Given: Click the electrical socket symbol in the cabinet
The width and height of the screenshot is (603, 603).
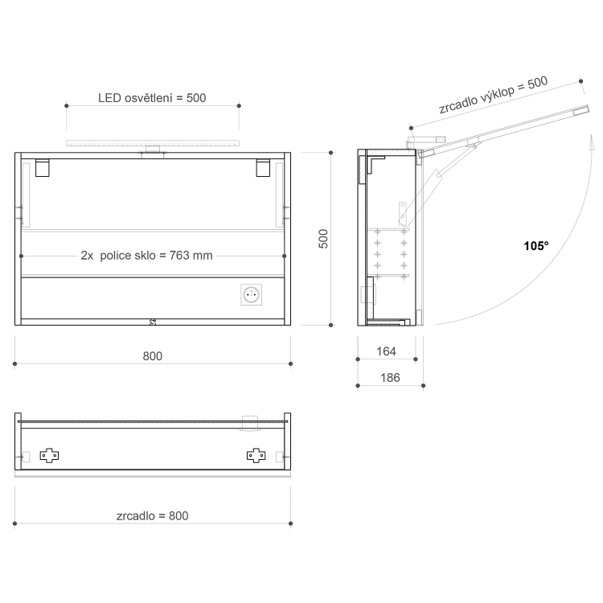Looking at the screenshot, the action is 251,294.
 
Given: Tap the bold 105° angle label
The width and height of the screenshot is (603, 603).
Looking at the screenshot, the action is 536,246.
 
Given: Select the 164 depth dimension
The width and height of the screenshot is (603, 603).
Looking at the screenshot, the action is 386,351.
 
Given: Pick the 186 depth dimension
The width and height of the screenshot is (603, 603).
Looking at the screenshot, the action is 390,378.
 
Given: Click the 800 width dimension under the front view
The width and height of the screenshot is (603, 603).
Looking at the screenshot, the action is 153,356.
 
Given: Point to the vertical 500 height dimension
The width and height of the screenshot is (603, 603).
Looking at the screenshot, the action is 323,239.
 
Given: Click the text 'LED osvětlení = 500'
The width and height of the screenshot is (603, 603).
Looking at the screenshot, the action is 152,98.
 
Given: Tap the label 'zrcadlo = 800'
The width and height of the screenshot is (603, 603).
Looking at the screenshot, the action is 153,515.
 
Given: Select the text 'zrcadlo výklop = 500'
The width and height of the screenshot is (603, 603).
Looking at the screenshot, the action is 494,95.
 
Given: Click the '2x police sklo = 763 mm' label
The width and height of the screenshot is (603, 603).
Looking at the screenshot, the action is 146,256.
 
